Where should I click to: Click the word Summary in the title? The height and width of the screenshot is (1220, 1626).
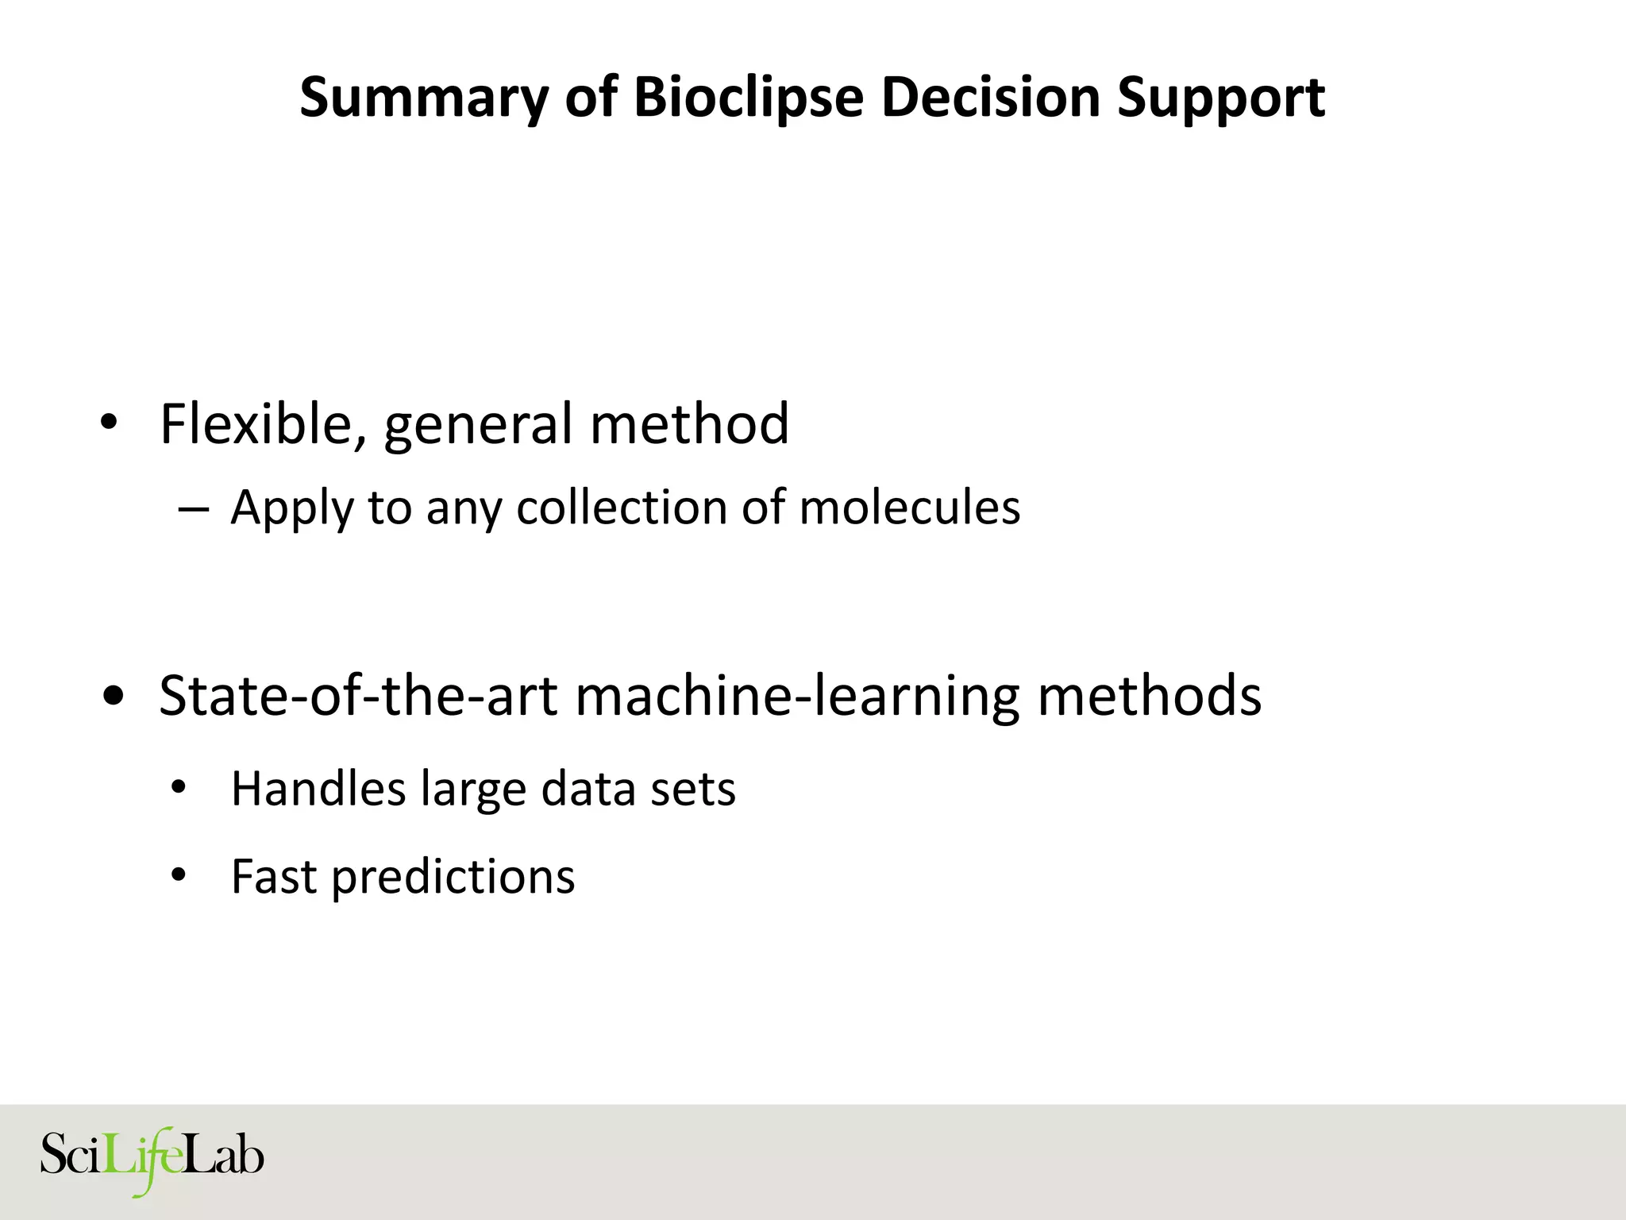click(424, 98)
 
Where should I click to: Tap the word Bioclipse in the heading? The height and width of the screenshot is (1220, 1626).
click(748, 98)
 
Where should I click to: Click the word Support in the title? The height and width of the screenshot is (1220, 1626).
click(1221, 98)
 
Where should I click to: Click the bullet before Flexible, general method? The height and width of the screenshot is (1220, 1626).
click(110, 423)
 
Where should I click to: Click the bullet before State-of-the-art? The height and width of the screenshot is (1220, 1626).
click(114, 697)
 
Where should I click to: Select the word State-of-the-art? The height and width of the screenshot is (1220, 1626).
click(358, 695)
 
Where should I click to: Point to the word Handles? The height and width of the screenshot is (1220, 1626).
click(318, 789)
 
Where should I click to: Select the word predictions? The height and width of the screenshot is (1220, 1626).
click(453, 878)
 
